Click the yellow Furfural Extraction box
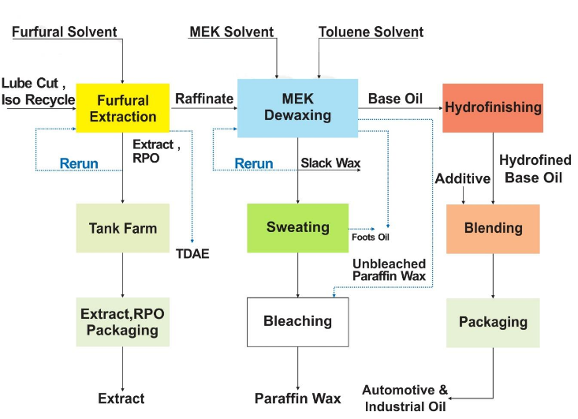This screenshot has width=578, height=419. point(122,108)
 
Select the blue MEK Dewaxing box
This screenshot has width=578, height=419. point(296,107)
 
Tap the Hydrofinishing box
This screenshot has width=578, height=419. point(493,107)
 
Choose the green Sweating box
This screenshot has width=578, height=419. point(297,227)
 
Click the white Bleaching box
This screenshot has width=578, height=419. point(297,321)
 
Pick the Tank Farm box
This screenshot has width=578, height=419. point(122,228)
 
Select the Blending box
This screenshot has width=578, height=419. point(493,229)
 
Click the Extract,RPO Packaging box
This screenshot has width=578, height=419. point(122,322)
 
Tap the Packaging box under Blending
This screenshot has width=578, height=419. point(493,322)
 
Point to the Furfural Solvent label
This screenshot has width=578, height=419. point(65,32)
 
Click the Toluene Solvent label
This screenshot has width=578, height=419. point(371,32)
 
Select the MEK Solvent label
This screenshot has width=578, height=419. point(232,32)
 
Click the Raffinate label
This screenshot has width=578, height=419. point(204,99)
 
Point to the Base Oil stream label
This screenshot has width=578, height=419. point(395,99)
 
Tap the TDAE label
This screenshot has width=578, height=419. point(192,254)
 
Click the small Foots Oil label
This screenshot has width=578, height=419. point(371,237)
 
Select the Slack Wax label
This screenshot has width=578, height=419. point(330,163)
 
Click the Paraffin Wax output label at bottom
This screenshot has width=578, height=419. point(297,398)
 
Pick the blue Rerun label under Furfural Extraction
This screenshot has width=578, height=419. point(79,163)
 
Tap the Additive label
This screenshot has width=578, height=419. point(463,179)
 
